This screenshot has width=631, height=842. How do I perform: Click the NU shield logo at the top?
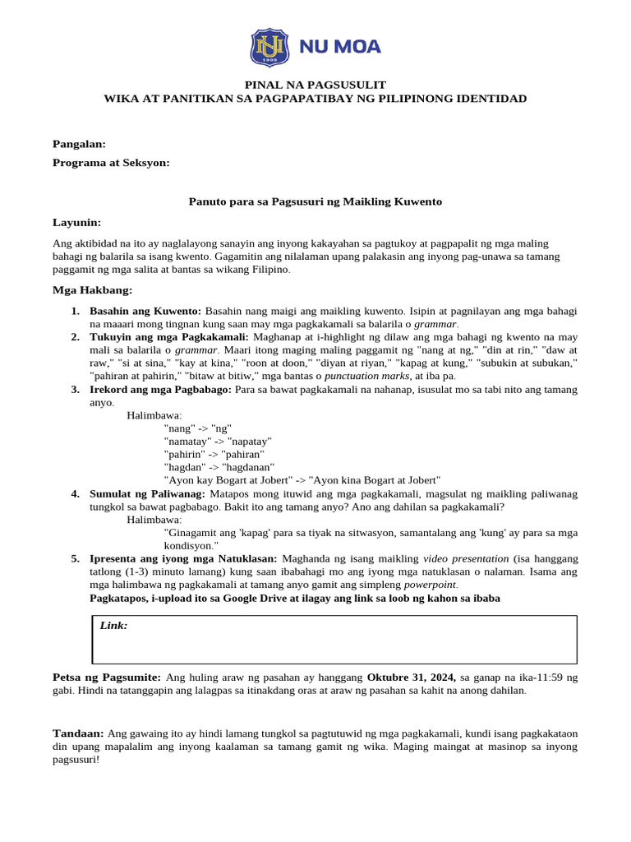[x=269, y=47]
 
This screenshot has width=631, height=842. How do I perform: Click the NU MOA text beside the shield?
[x=339, y=47]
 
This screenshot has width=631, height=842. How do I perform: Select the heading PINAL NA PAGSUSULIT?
[x=315, y=85]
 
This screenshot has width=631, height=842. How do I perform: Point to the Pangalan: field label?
[x=79, y=144]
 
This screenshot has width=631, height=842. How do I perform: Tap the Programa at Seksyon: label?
[x=111, y=163]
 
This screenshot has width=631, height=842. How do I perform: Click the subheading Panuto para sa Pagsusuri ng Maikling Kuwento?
[x=315, y=201]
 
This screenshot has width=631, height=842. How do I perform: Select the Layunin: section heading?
[x=76, y=222]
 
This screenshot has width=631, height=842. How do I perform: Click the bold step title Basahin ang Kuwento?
[x=145, y=312]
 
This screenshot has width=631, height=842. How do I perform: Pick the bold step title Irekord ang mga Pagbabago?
[x=160, y=389]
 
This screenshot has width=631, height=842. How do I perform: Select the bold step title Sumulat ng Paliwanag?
[x=148, y=493]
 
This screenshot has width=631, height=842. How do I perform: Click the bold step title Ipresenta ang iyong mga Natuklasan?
[x=184, y=558]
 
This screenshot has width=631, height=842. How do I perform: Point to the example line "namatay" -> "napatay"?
[x=218, y=442]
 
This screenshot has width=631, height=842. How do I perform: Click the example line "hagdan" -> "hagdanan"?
[x=219, y=467]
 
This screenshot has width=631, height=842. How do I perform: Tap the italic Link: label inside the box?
[x=113, y=626]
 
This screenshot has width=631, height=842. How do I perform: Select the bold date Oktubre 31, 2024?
[x=411, y=677]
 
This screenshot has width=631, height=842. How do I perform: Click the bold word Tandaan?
[x=78, y=733]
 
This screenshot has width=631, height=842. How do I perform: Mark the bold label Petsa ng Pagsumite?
[x=107, y=677]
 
